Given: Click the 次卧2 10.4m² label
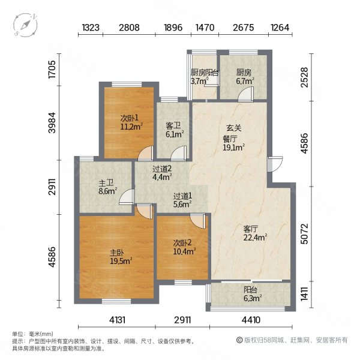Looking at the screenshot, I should coord(183,247).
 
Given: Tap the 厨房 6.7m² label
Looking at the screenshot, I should coord(243,77).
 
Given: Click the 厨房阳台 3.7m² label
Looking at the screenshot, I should coord(203,77).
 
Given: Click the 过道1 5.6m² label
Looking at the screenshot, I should coord(182,200).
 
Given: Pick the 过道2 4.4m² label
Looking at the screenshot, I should coord(161,173).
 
